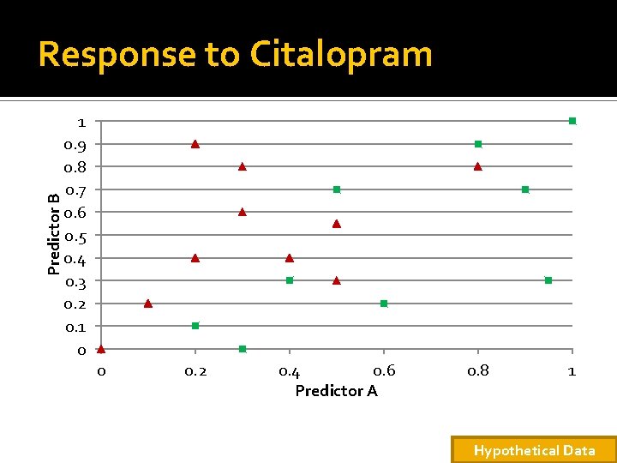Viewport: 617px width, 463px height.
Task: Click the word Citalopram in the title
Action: (341, 55)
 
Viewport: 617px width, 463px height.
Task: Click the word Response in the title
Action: (116, 55)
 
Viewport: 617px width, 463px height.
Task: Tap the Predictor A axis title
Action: (336, 391)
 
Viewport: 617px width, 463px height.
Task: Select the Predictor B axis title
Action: (53, 234)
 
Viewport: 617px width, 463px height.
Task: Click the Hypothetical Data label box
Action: (534, 450)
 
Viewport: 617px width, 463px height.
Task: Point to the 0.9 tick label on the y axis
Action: (75, 144)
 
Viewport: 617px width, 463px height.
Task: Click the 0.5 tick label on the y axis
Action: (75, 236)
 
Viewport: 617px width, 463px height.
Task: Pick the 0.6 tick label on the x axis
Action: (384, 370)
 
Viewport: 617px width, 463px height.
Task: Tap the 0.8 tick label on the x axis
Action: (478, 370)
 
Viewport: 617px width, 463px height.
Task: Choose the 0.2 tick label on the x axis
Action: (195, 370)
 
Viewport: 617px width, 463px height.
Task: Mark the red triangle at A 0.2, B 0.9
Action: (195, 143)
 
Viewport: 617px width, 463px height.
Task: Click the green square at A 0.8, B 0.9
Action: (478, 144)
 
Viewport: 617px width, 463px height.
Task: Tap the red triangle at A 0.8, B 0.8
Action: (478, 166)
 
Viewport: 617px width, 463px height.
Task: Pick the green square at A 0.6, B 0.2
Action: (384, 304)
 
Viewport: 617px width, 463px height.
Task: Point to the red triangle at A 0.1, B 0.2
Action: (148, 303)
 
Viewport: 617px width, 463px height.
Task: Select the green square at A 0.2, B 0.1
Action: (195, 326)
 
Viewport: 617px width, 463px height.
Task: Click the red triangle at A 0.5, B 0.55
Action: (337, 223)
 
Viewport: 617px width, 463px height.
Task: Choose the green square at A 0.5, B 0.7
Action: (337, 189)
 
